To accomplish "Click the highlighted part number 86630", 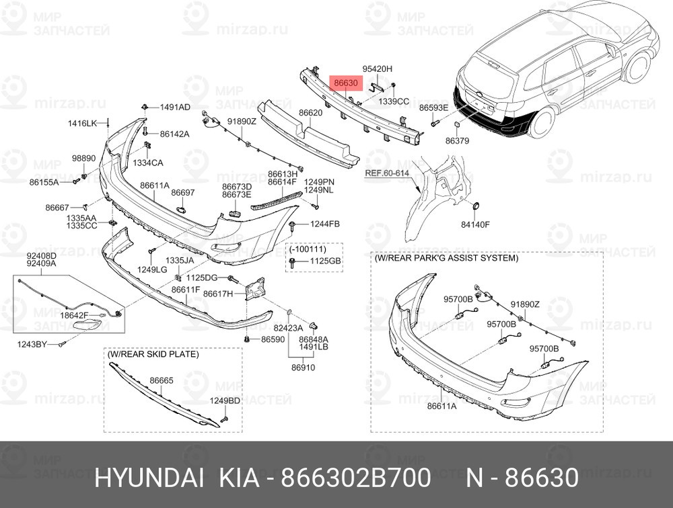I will point(345,83).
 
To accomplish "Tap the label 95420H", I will point(377,69).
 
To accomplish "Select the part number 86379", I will point(457,141).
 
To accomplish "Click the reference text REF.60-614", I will point(387,173).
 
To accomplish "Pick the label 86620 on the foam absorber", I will point(311,114).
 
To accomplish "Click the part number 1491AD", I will point(174,108).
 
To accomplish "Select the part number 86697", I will point(182,193).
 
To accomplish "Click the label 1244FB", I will point(325,224).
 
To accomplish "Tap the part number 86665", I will point(162,380).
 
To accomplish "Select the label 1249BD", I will point(225,400).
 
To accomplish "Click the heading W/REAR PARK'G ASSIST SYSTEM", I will point(447,258).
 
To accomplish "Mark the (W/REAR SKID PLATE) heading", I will point(153,354).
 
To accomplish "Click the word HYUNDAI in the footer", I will point(149,478).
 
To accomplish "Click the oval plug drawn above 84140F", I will point(474,206).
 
